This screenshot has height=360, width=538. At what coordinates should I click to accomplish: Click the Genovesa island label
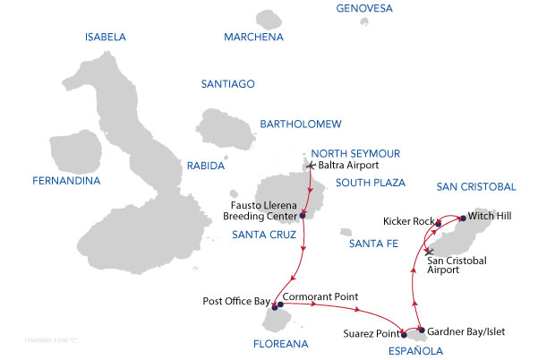click(x=364, y=9)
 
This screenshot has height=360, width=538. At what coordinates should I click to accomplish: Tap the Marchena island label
click(x=253, y=38)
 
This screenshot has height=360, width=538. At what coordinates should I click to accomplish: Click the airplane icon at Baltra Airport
click(x=311, y=166)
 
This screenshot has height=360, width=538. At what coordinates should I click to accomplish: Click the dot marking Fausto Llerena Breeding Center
click(x=303, y=215)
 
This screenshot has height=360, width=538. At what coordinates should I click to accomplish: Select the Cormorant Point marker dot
click(x=281, y=304)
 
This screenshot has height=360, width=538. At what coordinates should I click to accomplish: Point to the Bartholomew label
click(x=298, y=124)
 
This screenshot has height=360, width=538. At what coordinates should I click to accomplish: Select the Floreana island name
click(x=282, y=343)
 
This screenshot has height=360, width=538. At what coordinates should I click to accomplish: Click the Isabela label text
click(x=105, y=38)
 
